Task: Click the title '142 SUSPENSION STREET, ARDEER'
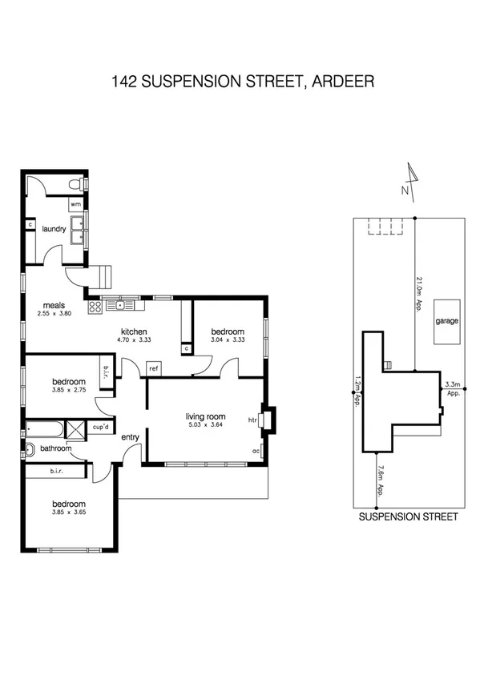pyautogui.click(x=240, y=81)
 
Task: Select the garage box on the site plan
pyautogui.click(x=447, y=321)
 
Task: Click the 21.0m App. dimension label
pyautogui.click(x=419, y=293)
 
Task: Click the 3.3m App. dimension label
pyautogui.click(x=452, y=388)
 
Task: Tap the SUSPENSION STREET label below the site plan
pyautogui.click(x=408, y=517)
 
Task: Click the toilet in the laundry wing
pyautogui.click(x=75, y=186)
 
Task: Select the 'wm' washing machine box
pyautogui.click(x=75, y=205)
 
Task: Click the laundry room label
pyautogui.click(x=54, y=229)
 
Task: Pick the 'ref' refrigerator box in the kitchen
pyautogui.click(x=153, y=368)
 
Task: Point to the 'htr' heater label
pyautogui.click(x=252, y=420)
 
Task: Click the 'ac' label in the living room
pyautogui.click(x=256, y=450)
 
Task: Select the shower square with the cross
pyautogui.click(x=74, y=429)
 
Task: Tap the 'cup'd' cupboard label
pyautogui.click(x=102, y=427)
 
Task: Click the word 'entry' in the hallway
pyautogui.click(x=130, y=437)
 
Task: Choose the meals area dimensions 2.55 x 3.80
pyautogui.click(x=54, y=313)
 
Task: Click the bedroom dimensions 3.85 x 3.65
pyautogui.click(x=68, y=512)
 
